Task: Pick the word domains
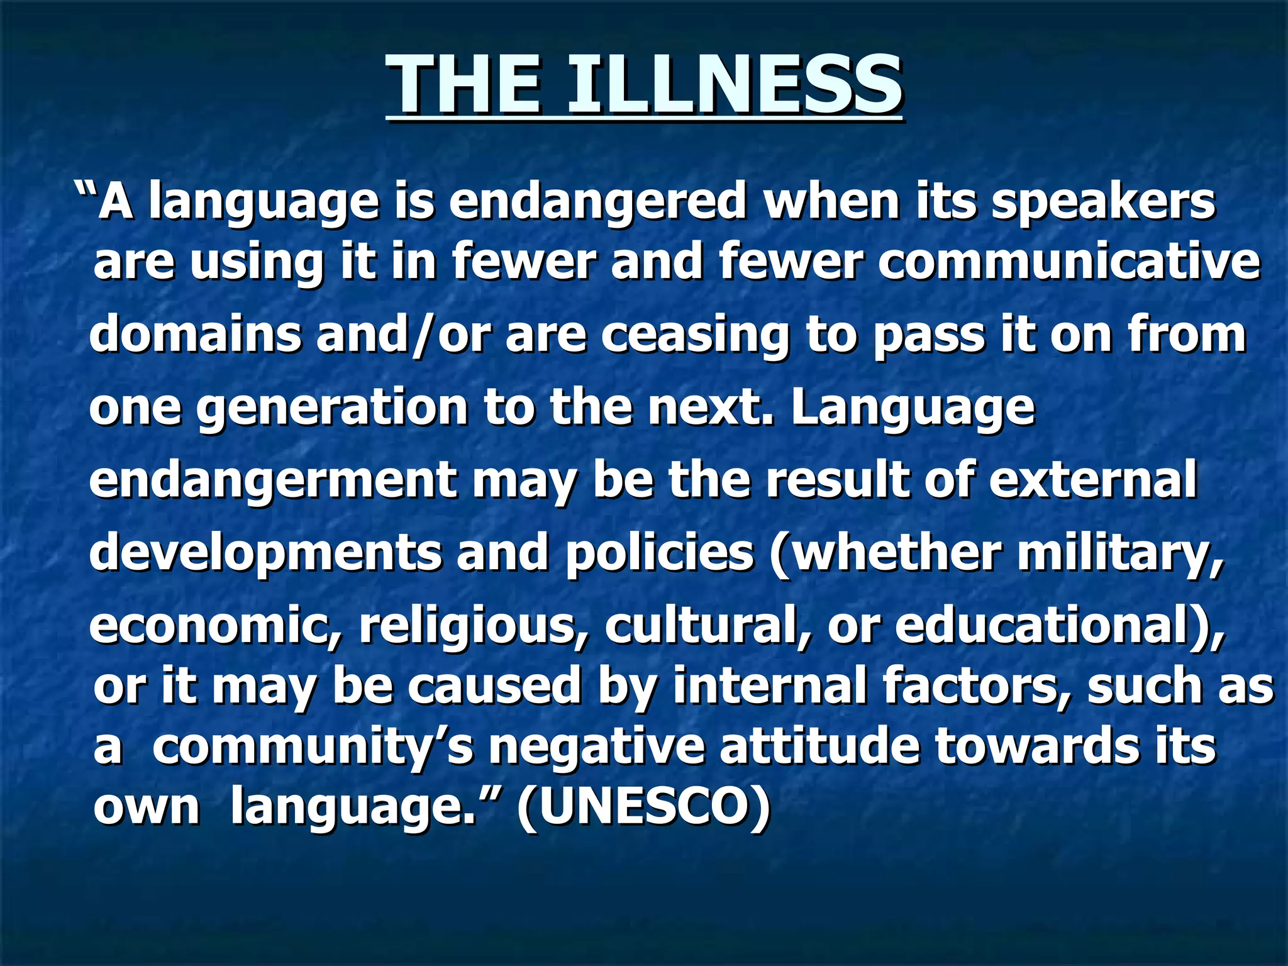click(x=195, y=334)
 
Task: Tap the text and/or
click(x=402, y=334)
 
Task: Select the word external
click(x=1093, y=480)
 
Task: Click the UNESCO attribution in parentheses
click(x=643, y=807)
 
